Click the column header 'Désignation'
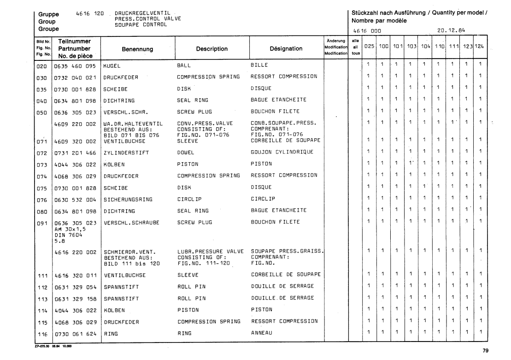click(286, 48)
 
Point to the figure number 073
click(42, 164)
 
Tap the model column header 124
click(481, 47)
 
